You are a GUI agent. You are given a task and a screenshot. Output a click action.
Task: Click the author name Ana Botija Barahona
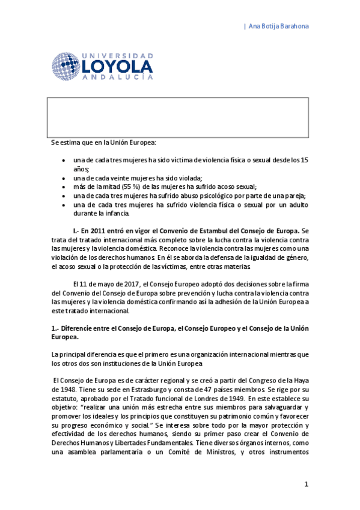click(279, 26)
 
